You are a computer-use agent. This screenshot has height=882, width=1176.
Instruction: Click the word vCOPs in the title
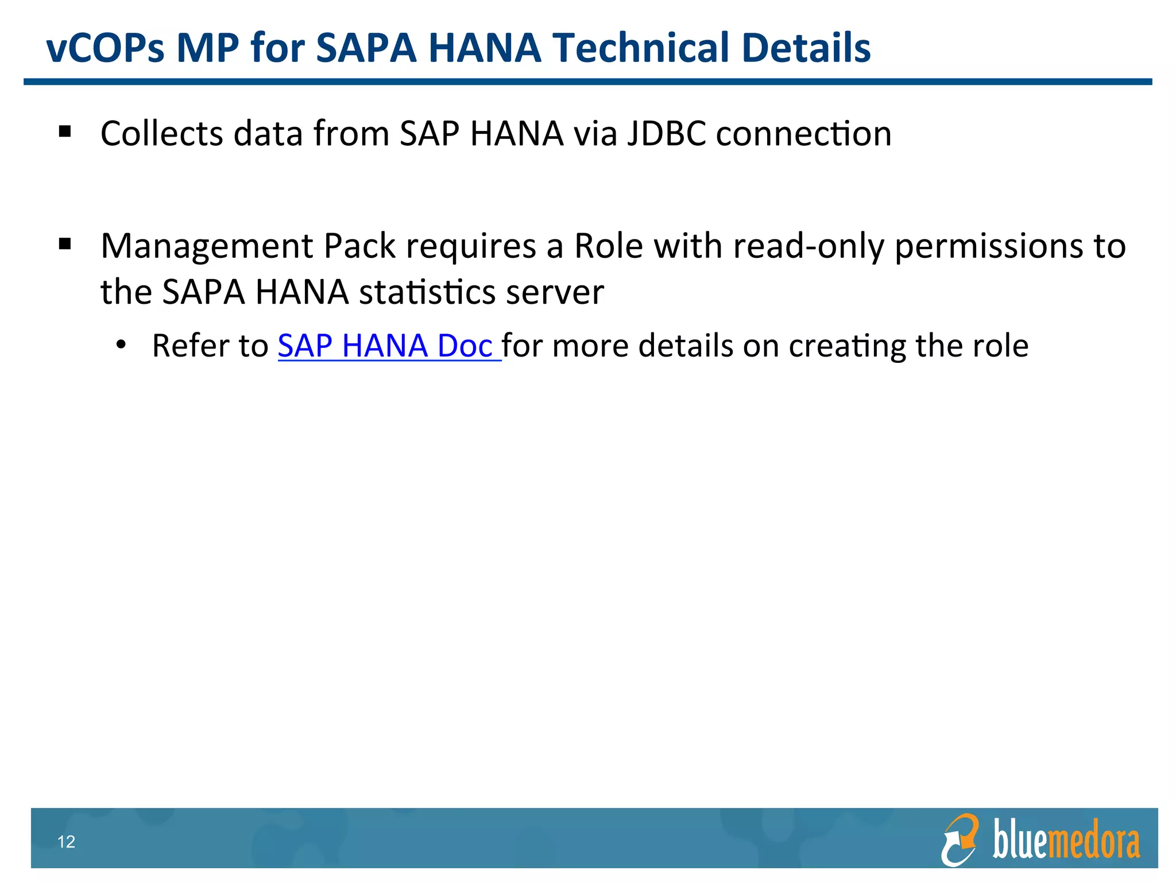coord(105,48)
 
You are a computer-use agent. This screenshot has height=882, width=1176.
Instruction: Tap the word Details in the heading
coord(806,48)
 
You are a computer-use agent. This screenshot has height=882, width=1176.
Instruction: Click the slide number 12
coord(67,842)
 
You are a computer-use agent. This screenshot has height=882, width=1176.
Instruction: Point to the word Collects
coord(162,134)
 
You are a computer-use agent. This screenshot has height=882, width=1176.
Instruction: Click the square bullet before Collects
coord(65,132)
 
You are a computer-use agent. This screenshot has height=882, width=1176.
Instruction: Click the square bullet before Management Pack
coord(65,245)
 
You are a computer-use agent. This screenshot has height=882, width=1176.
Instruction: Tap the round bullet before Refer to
coord(121,345)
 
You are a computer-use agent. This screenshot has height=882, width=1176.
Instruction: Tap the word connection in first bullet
coord(804,134)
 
